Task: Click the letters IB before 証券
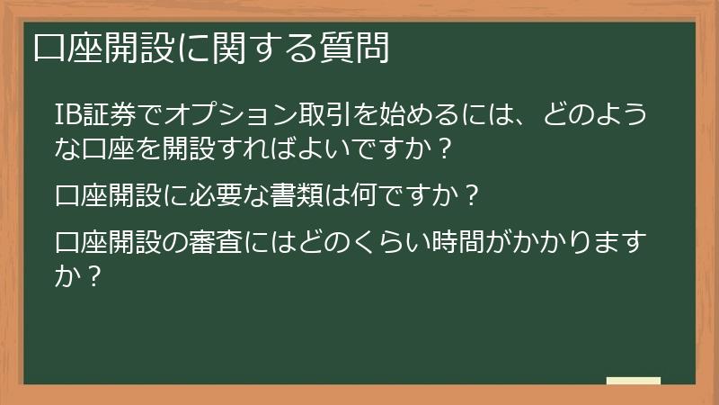(x=67, y=115)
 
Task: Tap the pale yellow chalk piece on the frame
(x=634, y=381)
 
